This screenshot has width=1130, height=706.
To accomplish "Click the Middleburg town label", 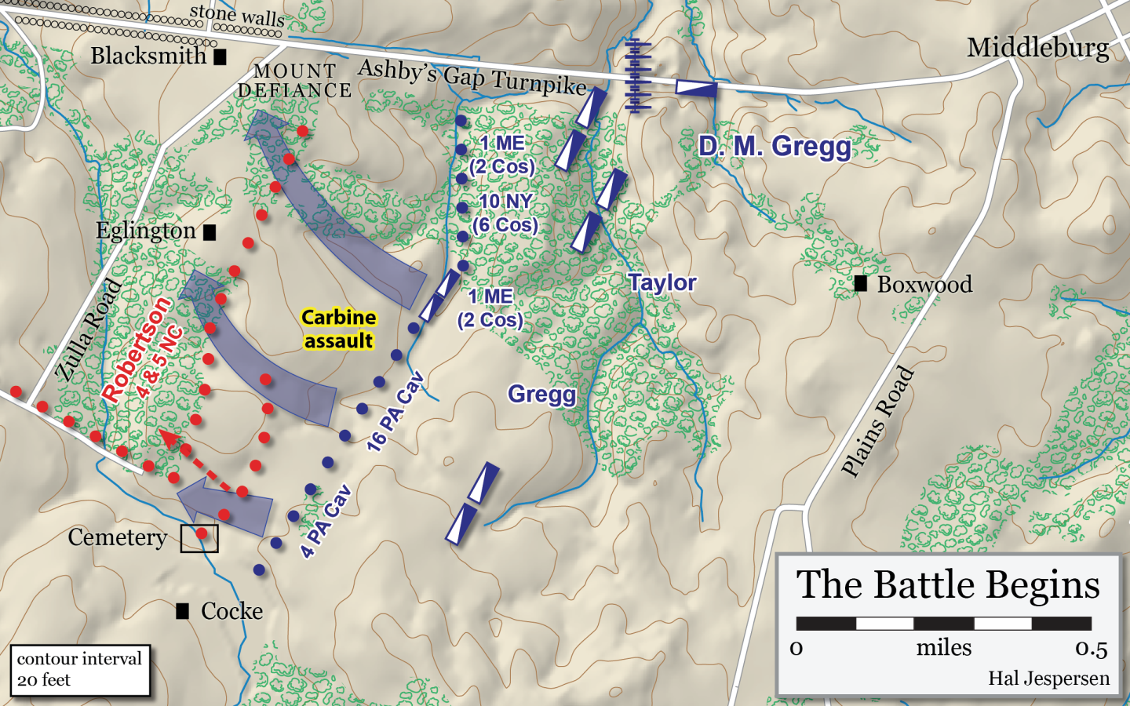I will pos(1037,49).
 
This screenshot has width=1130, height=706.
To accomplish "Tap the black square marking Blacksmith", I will pos(221,56).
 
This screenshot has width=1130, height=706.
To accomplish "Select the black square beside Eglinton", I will pos(210,232).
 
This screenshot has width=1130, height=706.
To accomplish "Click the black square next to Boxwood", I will pos(861,284).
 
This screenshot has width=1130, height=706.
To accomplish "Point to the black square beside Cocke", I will pos(183,611).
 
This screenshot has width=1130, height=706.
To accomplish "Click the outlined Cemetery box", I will pos(199,539).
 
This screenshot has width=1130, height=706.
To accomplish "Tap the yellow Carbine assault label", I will pos(339,329).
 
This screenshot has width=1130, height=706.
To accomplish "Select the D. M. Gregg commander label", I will pos(775,147).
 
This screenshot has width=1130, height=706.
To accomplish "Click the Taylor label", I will pos(662,283).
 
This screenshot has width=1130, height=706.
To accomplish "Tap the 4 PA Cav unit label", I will pos(326,522).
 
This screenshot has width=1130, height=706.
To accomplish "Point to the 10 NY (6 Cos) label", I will pos(505,213).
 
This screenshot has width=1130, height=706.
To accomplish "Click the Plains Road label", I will pos(877,421).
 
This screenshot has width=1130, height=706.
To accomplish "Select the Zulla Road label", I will pos(89,330).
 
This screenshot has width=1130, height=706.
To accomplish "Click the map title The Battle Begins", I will pos(948,585).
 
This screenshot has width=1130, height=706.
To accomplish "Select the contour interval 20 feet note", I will pos(79,669).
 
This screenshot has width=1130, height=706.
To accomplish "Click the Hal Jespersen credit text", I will pos(1048,679).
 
